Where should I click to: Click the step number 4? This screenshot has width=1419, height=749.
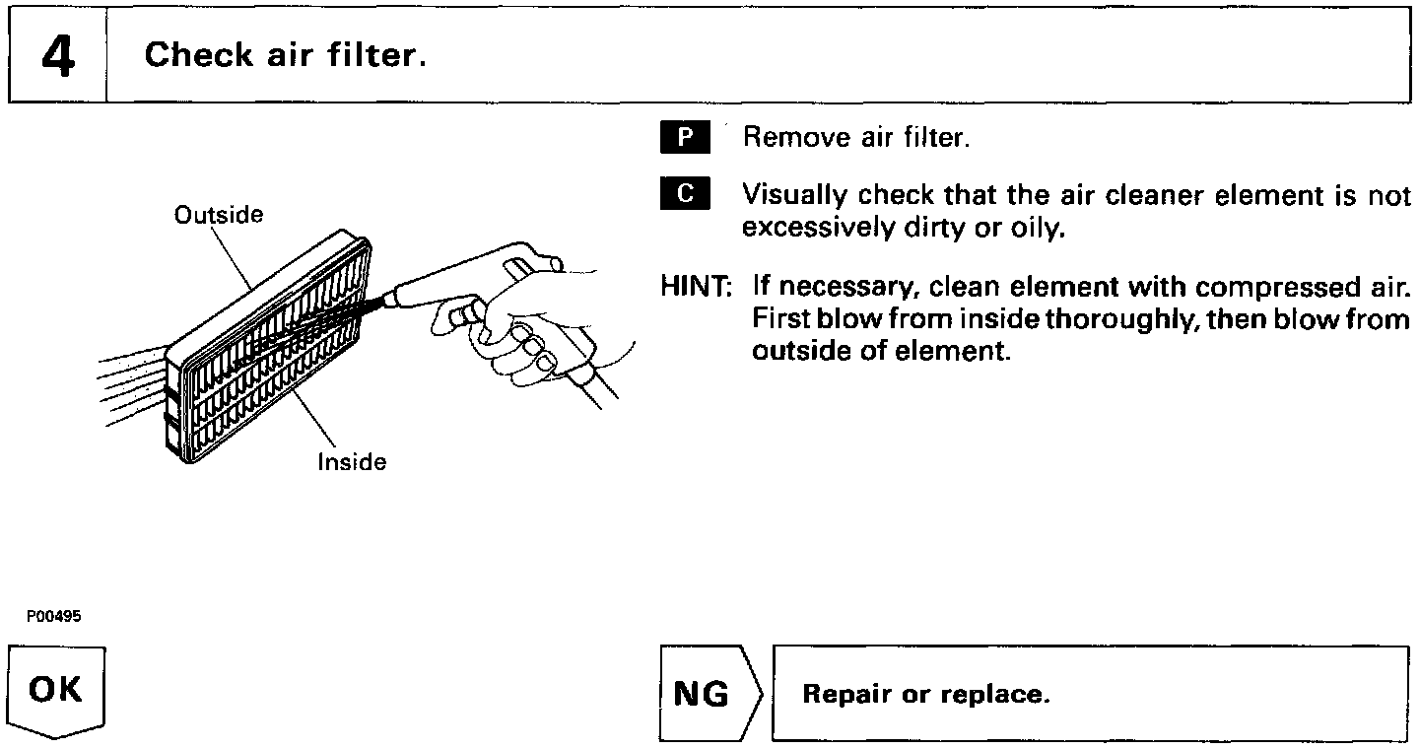click(x=57, y=55)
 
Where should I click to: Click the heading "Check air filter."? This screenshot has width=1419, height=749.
click(x=286, y=55)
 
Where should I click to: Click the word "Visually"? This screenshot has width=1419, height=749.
click(x=793, y=195)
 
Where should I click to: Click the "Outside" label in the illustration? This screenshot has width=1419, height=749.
click(x=219, y=215)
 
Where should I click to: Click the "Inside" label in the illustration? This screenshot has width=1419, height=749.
click(x=352, y=462)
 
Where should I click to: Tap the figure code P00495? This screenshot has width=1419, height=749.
click(x=54, y=616)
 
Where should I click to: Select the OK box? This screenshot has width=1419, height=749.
click(x=56, y=689)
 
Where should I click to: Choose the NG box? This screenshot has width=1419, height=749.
click(x=702, y=695)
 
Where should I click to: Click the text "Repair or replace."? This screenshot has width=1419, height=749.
click(x=926, y=695)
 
